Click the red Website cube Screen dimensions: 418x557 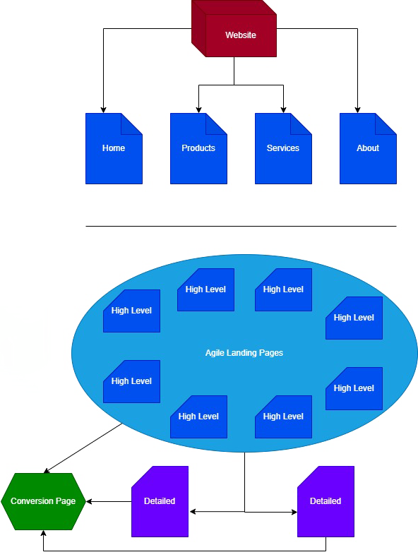[234, 28]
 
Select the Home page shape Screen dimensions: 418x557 [114, 148]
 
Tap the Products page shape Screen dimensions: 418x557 [198, 148]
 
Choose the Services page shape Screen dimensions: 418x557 [283, 148]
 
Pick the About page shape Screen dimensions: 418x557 [368, 148]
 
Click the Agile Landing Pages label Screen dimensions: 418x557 [244, 353]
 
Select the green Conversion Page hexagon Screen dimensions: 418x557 [43, 502]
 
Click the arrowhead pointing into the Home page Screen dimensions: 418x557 [103, 110]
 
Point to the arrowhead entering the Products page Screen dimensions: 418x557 [198, 110]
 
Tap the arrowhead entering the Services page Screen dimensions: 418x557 [283, 110]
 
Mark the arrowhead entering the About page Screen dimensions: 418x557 [357, 110]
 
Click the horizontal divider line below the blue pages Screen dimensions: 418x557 [241, 226]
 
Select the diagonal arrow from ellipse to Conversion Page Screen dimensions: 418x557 [83, 448]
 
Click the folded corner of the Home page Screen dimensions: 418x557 [132, 124]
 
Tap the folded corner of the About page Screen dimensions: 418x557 [386, 124]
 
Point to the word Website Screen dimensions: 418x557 [241, 35]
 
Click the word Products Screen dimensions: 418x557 [198, 148]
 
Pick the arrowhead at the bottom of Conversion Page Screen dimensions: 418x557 [43, 533]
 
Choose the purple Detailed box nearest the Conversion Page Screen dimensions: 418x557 [160, 502]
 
